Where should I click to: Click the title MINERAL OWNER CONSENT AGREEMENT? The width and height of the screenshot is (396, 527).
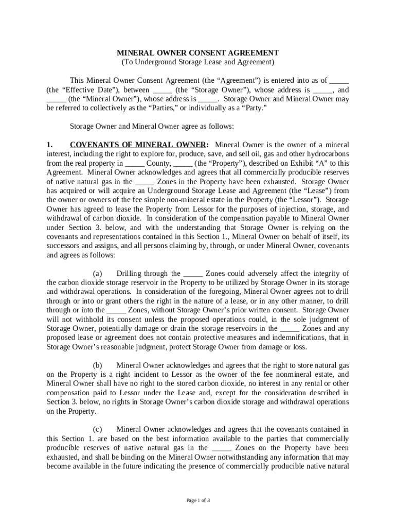click(x=198, y=52)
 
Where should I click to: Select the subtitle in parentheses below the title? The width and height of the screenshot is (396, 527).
click(x=198, y=62)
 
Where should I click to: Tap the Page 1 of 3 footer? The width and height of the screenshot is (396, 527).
click(x=198, y=500)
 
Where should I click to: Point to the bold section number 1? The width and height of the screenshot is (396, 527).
click(x=50, y=145)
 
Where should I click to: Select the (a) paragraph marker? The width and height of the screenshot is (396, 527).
click(x=97, y=273)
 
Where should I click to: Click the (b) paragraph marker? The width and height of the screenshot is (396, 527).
click(x=97, y=365)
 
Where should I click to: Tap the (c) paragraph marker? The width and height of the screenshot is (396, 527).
click(x=97, y=429)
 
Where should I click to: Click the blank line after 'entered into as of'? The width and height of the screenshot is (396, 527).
click(x=339, y=80)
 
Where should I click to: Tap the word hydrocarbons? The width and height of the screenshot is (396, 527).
click(x=327, y=154)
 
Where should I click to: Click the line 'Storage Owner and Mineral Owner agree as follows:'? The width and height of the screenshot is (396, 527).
click(x=152, y=126)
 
